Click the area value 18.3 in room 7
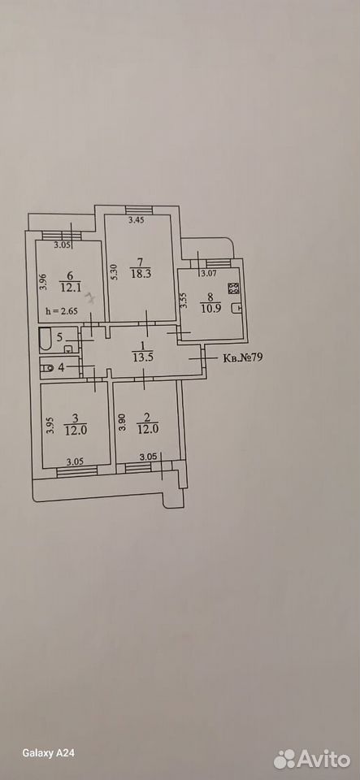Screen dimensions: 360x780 [x=140, y=273]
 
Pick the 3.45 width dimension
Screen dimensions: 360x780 [x=137, y=221]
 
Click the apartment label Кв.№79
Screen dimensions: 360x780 [x=241, y=357]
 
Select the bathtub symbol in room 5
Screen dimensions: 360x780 [x=46, y=340]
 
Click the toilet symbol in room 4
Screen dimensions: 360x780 [x=48, y=369]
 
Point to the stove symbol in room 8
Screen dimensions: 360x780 [x=234, y=288]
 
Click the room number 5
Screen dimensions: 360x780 [x=59, y=337]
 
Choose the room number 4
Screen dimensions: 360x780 [x=61, y=369]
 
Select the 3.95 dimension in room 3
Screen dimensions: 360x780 [x=50, y=427]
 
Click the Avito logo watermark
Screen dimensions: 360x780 [x=312, y=759]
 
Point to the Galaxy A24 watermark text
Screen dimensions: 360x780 [x=48, y=753]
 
